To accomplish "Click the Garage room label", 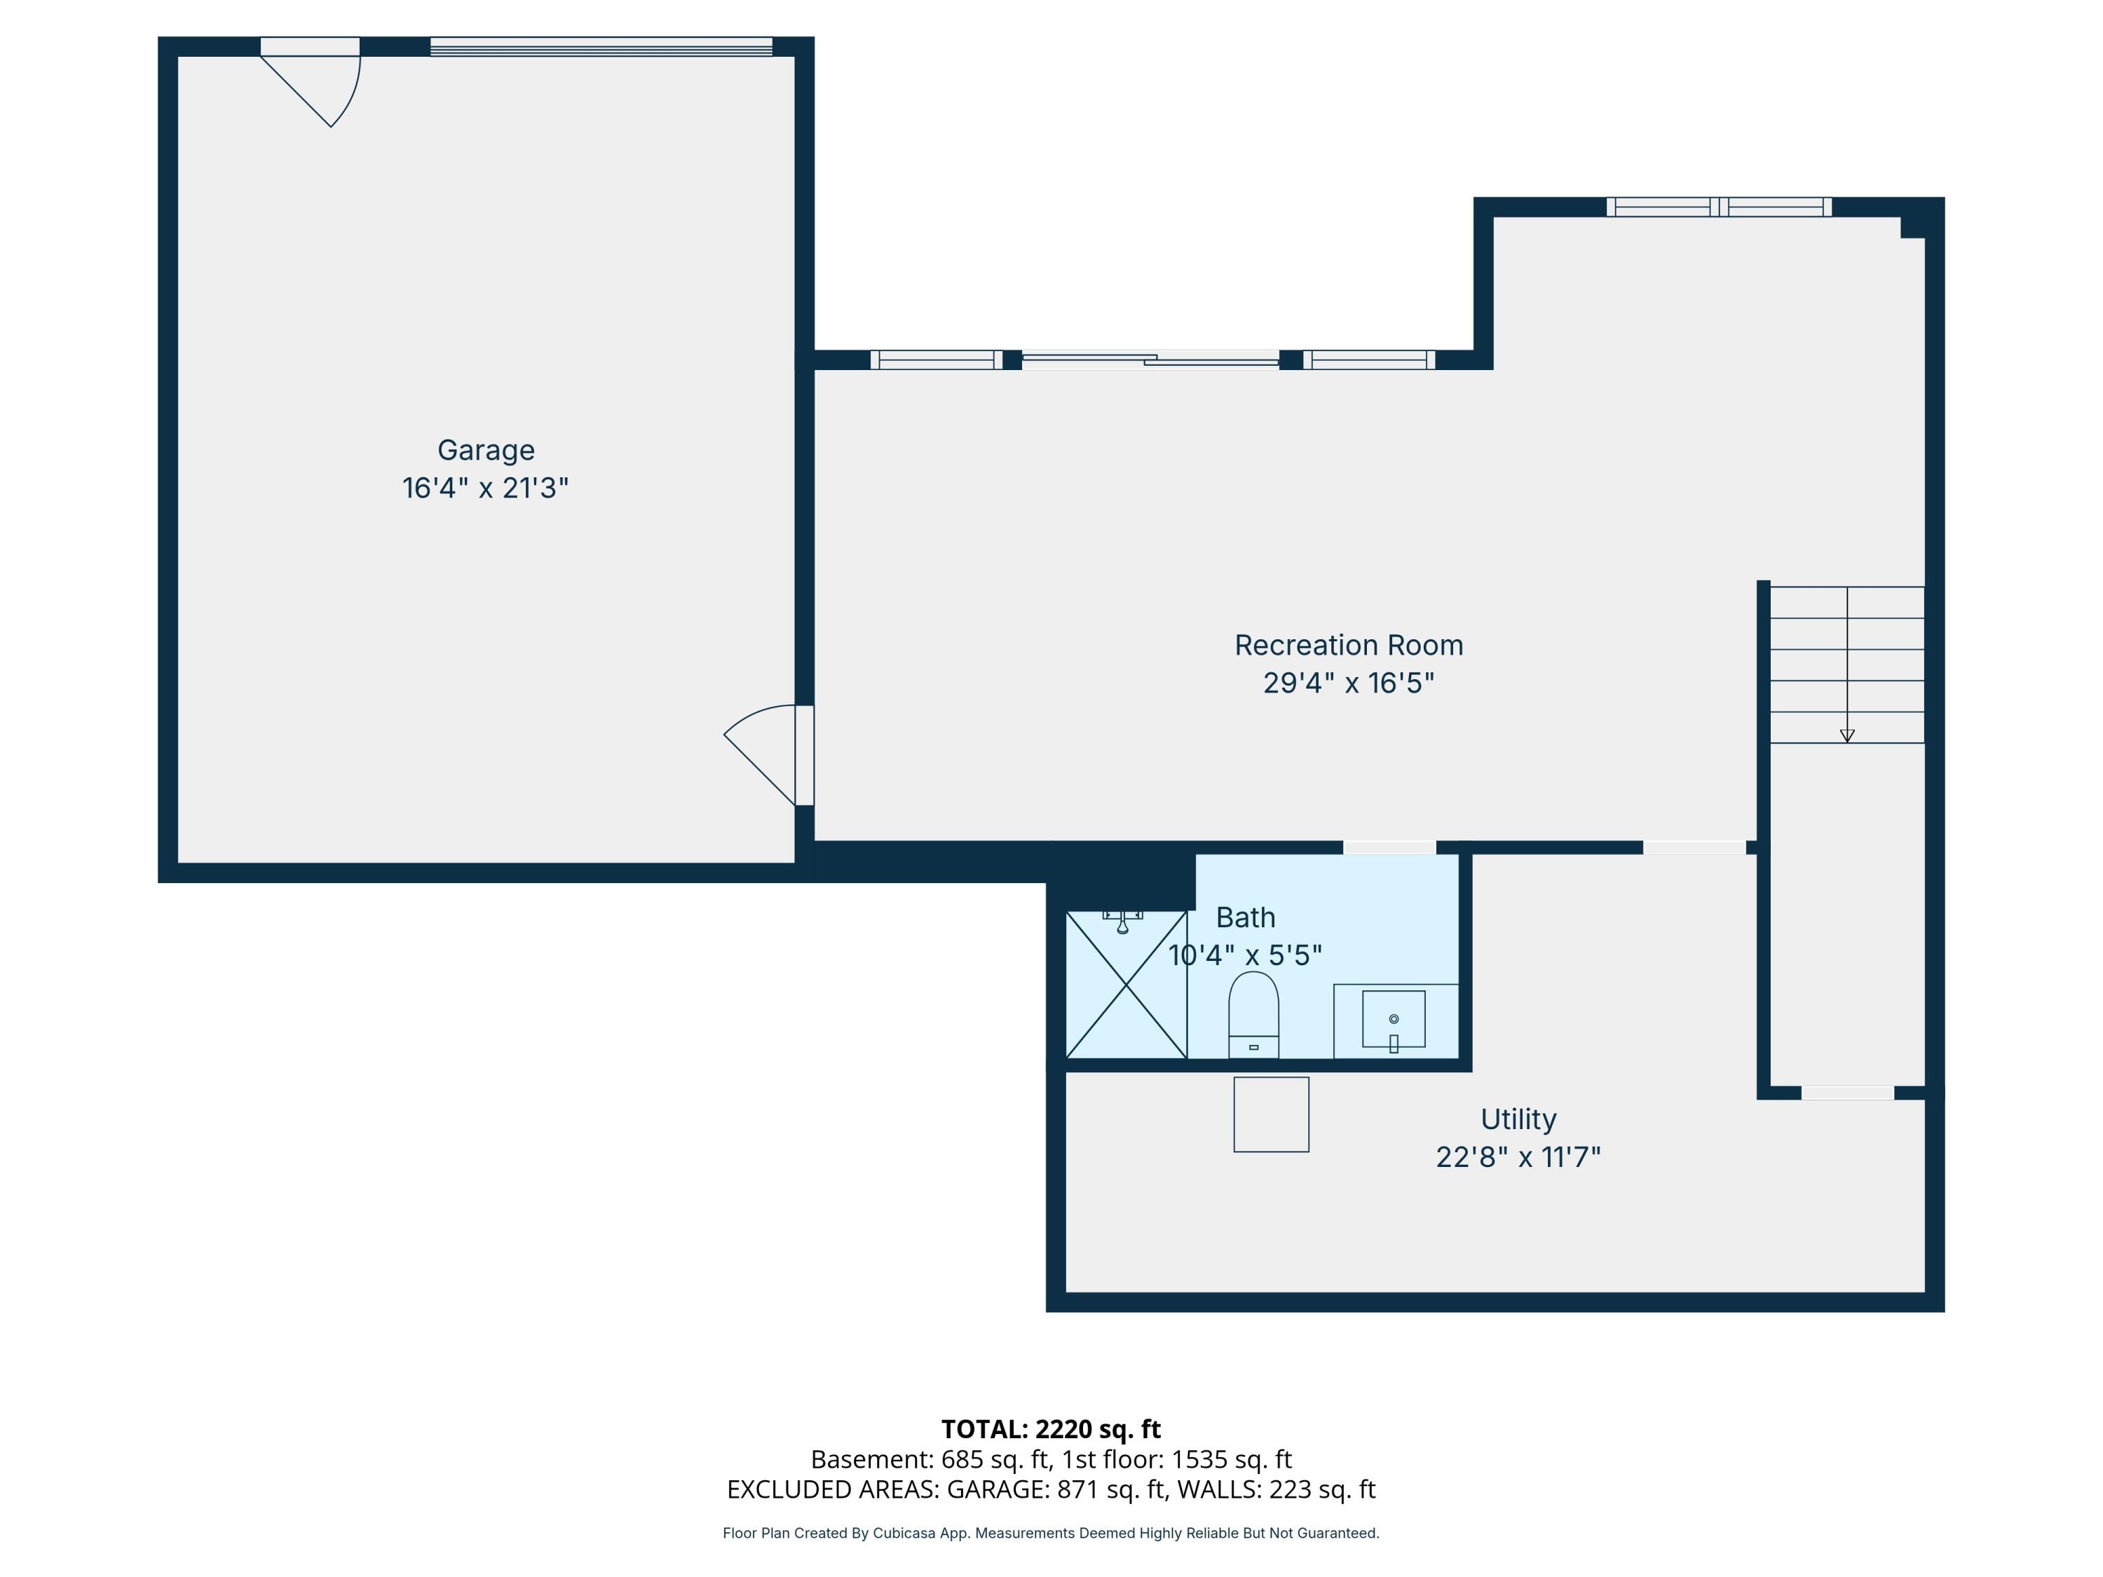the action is click(486, 451).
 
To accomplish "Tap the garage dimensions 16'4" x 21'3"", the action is click(486, 489).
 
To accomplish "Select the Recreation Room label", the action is click(1348, 646).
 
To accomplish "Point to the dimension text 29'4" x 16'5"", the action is click(1348, 683).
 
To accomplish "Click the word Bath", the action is click(1246, 917).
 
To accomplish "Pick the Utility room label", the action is click(1518, 1120).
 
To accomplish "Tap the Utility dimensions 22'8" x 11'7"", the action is click(1518, 1158).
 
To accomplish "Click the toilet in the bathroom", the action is click(1253, 1014).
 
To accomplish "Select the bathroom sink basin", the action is click(1393, 1019).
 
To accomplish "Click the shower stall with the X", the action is click(1127, 984).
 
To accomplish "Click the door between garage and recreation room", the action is click(769, 755).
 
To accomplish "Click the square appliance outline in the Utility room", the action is click(1271, 1114).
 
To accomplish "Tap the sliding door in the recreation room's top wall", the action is click(1150, 360).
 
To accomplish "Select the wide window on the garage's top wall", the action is click(601, 46).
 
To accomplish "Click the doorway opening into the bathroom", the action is click(1389, 847).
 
